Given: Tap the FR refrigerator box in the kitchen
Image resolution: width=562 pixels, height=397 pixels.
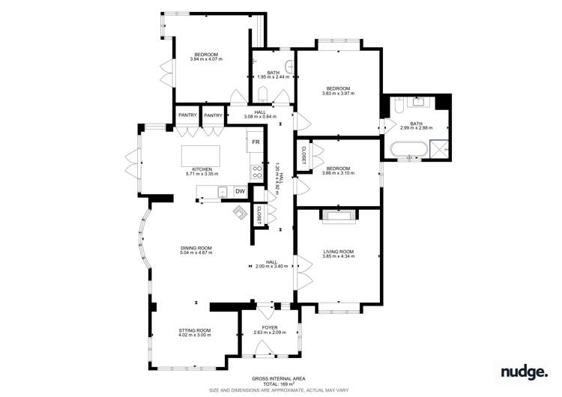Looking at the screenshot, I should click(256, 142).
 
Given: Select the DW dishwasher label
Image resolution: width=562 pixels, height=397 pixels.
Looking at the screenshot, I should click(240, 193).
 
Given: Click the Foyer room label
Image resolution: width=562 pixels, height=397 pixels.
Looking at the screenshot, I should click(266, 330).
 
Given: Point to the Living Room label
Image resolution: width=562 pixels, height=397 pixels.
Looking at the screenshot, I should click(338, 254).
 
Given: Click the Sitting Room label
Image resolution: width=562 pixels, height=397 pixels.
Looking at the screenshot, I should click(194, 333).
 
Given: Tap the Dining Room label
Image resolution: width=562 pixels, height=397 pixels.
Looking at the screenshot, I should click(196, 250).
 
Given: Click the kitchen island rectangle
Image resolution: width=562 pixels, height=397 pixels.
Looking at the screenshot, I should click(211, 157).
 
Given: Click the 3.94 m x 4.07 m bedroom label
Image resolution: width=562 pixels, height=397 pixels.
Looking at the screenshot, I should click(206, 56).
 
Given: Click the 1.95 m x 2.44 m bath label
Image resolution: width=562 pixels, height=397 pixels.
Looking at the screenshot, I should click(268, 75).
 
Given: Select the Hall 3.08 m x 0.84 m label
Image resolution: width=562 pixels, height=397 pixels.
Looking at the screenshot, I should click(260, 114).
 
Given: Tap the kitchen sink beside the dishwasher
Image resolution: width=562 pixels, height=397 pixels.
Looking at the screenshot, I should click(223, 193).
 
